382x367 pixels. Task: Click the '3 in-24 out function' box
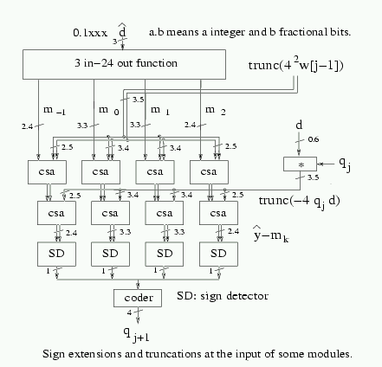(x=124, y=64)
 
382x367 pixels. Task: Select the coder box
(x=138, y=298)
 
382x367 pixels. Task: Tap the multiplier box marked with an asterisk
(x=300, y=164)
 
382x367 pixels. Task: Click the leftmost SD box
(x=56, y=254)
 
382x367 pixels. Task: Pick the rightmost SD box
(x=218, y=254)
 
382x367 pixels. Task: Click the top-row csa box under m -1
(x=47, y=172)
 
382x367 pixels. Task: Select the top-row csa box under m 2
(x=209, y=172)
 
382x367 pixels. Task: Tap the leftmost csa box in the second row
(x=56, y=213)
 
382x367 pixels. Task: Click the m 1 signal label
(x=160, y=111)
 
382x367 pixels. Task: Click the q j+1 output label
(x=136, y=335)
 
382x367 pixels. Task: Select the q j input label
(x=345, y=164)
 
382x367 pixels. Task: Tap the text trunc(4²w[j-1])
(x=296, y=64)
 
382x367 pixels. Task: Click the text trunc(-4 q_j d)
(x=299, y=202)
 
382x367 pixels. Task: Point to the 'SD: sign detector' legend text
(x=223, y=296)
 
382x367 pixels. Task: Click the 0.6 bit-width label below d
(x=314, y=139)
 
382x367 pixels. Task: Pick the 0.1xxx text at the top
(x=90, y=33)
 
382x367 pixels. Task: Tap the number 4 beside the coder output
(x=129, y=312)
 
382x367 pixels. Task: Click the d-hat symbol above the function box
(x=122, y=30)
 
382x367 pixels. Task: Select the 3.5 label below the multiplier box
(x=313, y=177)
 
